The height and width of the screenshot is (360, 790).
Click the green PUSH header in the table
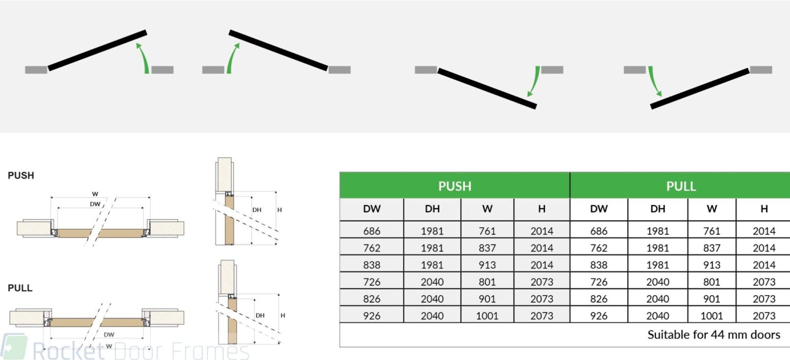[x=455, y=186]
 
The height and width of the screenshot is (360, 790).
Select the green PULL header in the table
[x=681, y=186]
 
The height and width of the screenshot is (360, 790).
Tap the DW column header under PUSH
[x=371, y=209]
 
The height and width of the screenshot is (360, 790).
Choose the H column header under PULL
[x=764, y=209]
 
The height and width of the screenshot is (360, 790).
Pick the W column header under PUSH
[x=487, y=209]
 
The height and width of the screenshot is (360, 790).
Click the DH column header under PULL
[x=657, y=209]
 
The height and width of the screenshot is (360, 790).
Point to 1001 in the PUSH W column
[x=487, y=316]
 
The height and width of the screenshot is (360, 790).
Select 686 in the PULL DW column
[x=599, y=231]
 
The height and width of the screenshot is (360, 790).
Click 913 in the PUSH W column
[x=487, y=265]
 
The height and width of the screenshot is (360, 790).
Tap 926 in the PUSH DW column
[x=371, y=316]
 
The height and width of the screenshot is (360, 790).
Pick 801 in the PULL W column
[x=712, y=282]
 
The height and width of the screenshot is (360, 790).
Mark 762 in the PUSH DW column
[x=371, y=248]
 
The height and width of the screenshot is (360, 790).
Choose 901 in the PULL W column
[x=712, y=299]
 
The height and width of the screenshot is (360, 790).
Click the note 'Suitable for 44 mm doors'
[x=714, y=335]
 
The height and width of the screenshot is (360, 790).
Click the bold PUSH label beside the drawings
[x=21, y=175]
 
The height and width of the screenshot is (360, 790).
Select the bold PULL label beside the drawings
[x=20, y=288]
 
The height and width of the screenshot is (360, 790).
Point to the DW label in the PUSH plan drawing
[x=95, y=204]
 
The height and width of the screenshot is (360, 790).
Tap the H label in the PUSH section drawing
[x=279, y=210]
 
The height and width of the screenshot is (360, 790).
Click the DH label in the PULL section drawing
[x=260, y=315]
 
